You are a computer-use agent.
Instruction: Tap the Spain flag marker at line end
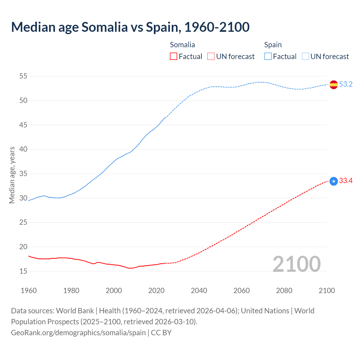coord(334,84)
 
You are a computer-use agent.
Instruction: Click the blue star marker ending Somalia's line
coord(334,181)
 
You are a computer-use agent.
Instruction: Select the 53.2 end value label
coord(346,84)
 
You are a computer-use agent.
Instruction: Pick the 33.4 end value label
coord(346,181)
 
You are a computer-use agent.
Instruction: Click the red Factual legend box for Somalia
coord(174,57)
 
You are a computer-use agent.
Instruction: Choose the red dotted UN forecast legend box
coord(211,57)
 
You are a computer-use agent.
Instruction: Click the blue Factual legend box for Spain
coord(268,57)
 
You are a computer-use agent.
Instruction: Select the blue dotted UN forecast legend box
coord(305,57)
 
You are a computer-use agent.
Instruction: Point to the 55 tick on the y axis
coord(23,76)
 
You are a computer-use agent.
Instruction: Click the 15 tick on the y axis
coord(23,271)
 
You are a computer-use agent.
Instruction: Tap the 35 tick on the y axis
coord(23,174)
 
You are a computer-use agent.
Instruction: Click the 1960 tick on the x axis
coord(29,291)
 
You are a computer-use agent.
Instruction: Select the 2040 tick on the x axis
coord(199,291)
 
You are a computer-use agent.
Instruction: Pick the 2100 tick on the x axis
coord(327,291)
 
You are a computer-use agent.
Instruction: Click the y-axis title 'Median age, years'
coord(12,175)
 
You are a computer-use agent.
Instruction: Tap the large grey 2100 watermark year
coord(296,264)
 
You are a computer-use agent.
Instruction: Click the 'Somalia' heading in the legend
coord(182,45)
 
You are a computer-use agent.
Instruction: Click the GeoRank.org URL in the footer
coord(78,333)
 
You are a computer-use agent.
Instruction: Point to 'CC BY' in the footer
coord(161,333)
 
